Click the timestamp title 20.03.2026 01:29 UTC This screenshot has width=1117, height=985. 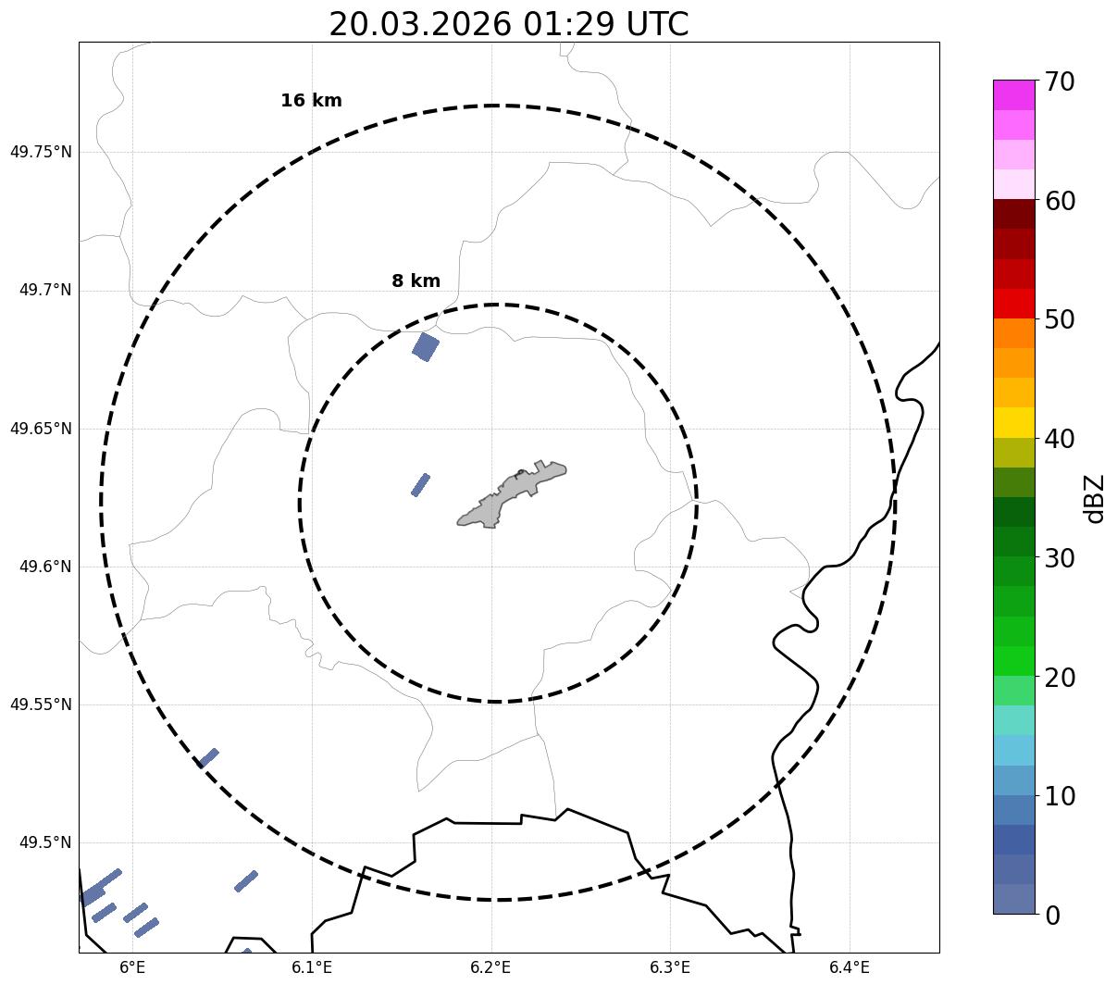(x=508, y=24)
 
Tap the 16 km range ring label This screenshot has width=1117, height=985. (x=311, y=101)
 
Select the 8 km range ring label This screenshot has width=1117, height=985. (x=416, y=281)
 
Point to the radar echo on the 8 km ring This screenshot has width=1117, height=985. (x=426, y=347)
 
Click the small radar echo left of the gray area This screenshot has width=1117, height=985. (x=420, y=485)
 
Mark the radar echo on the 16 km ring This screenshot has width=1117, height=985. (x=208, y=758)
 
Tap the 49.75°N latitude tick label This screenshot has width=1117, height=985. (x=41, y=152)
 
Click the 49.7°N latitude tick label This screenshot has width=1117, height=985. (x=44, y=291)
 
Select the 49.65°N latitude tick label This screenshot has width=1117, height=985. (x=41, y=429)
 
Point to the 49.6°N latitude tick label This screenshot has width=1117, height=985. (x=44, y=567)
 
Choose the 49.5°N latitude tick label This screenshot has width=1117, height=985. (x=44, y=842)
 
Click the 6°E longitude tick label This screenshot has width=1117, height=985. (x=132, y=967)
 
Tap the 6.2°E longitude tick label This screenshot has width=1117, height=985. (x=490, y=967)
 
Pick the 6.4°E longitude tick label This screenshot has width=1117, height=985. (x=849, y=967)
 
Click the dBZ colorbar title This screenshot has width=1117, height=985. (x=1096, y=498)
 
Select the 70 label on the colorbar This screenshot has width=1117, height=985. (x=1060, y=81)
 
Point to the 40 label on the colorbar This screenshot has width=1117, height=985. (x=1060, y=439)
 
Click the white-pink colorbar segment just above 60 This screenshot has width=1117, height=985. (x=1013, y=185)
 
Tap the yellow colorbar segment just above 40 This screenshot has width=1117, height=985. (x=1013, y=423)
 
